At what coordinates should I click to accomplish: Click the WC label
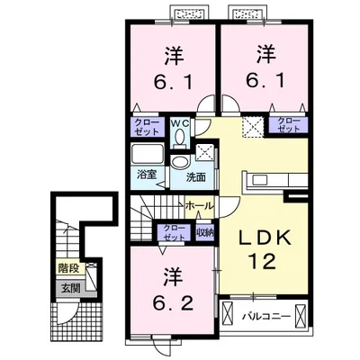coord(180,123)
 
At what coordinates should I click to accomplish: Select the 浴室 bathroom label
coord(147,175)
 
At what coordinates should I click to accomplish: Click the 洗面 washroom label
coord(196,177)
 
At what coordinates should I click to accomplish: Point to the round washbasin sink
coord(180,162)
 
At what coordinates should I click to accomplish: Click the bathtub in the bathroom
coord(148,154)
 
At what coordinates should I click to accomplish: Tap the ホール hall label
coord(200,206)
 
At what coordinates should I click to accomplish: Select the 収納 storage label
coord(205,232)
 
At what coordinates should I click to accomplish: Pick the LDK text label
coord(265,238)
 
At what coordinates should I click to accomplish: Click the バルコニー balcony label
coord(266,316)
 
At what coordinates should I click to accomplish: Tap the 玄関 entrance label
coord(71,289)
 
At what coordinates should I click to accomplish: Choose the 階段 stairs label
coord(67,268)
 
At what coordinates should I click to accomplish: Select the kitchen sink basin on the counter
coord(258,180)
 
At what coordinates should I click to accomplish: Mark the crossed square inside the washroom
coord(205,151)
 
